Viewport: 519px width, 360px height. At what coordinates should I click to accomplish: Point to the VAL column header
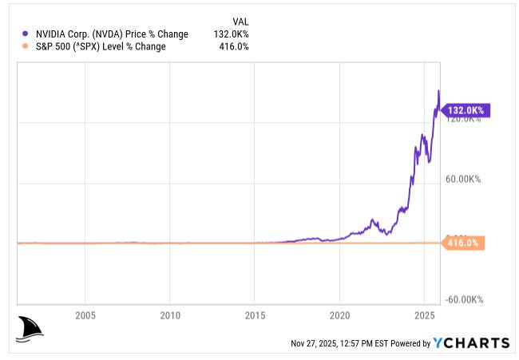point(240,22)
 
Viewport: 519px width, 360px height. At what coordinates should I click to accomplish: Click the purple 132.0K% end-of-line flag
point(466,111)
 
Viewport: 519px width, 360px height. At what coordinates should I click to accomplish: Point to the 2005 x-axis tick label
point(85,315)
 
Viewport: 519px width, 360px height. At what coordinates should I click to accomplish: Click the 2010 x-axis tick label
point(170,315)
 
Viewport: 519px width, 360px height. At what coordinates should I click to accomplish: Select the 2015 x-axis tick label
point(255,315)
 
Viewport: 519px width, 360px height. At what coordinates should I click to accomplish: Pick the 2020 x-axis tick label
point(340,315)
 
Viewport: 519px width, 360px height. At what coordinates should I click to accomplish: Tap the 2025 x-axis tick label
point(425,315)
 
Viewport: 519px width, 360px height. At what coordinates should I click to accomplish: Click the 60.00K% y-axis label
point(462,180)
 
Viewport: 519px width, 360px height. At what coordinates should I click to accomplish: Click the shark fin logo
point(29,328)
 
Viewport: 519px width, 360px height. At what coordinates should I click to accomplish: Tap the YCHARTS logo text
point(471,343)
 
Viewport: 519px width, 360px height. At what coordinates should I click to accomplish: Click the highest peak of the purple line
point(438,91)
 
